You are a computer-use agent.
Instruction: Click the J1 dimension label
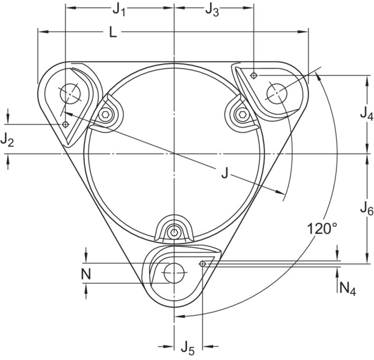click(x=119, y=10)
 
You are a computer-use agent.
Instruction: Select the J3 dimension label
click(x=212, y=10)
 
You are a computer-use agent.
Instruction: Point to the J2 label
click(x=7, y=140)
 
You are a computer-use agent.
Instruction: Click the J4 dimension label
click(x=367, y=113)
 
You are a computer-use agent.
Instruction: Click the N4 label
click(x=348, y=289)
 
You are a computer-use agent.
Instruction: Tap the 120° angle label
click(x=322, y=229)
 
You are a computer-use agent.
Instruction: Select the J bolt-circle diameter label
click(x=224, y=173)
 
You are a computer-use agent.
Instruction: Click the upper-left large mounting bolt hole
click(x=70, y=93)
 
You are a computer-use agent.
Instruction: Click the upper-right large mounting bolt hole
click(x=277, y=93)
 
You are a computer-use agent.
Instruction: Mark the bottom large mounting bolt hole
click(x=175, y=273)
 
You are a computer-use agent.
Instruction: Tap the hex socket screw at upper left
click(x=105, y=115)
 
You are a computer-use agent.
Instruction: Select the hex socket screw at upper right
click(x=243, y=115)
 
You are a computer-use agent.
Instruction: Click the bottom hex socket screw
click(x=174, y=232)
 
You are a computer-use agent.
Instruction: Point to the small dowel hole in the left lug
click(x=65, y=125)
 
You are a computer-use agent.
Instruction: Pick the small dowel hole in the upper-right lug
click(x=254, y=75)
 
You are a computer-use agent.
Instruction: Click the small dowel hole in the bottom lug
click(x=203, y=263)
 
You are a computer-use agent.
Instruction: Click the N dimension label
click(x=86, y=274)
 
